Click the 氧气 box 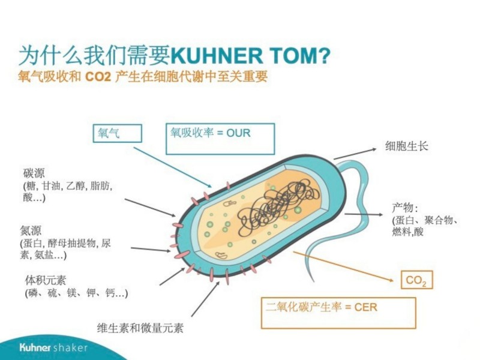point(117,133)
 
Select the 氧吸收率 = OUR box point(220,139)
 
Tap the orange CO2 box point(416,280)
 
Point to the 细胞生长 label point(407,146)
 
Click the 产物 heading point(404,208)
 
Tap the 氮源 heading point(31,230)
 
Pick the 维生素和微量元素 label point(140,328)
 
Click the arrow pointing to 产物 point(366,214)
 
